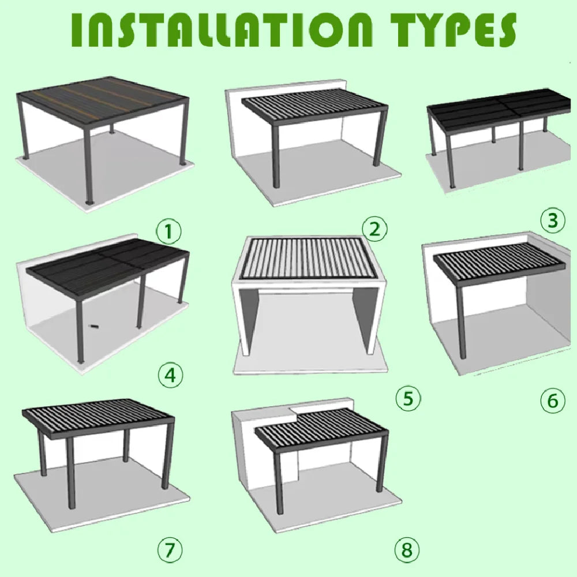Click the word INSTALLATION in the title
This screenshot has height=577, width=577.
[222, 30]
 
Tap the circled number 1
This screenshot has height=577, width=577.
[169, 232]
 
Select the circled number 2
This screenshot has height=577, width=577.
[374, 229]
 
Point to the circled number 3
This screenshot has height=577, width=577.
[553, 220]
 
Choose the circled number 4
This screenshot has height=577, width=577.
[170, 376]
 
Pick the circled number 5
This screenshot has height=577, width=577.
[408, 398]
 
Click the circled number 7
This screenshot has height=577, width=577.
[170, 550]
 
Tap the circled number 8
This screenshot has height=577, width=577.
[407, 550]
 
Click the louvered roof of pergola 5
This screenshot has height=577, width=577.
[309, 257]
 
